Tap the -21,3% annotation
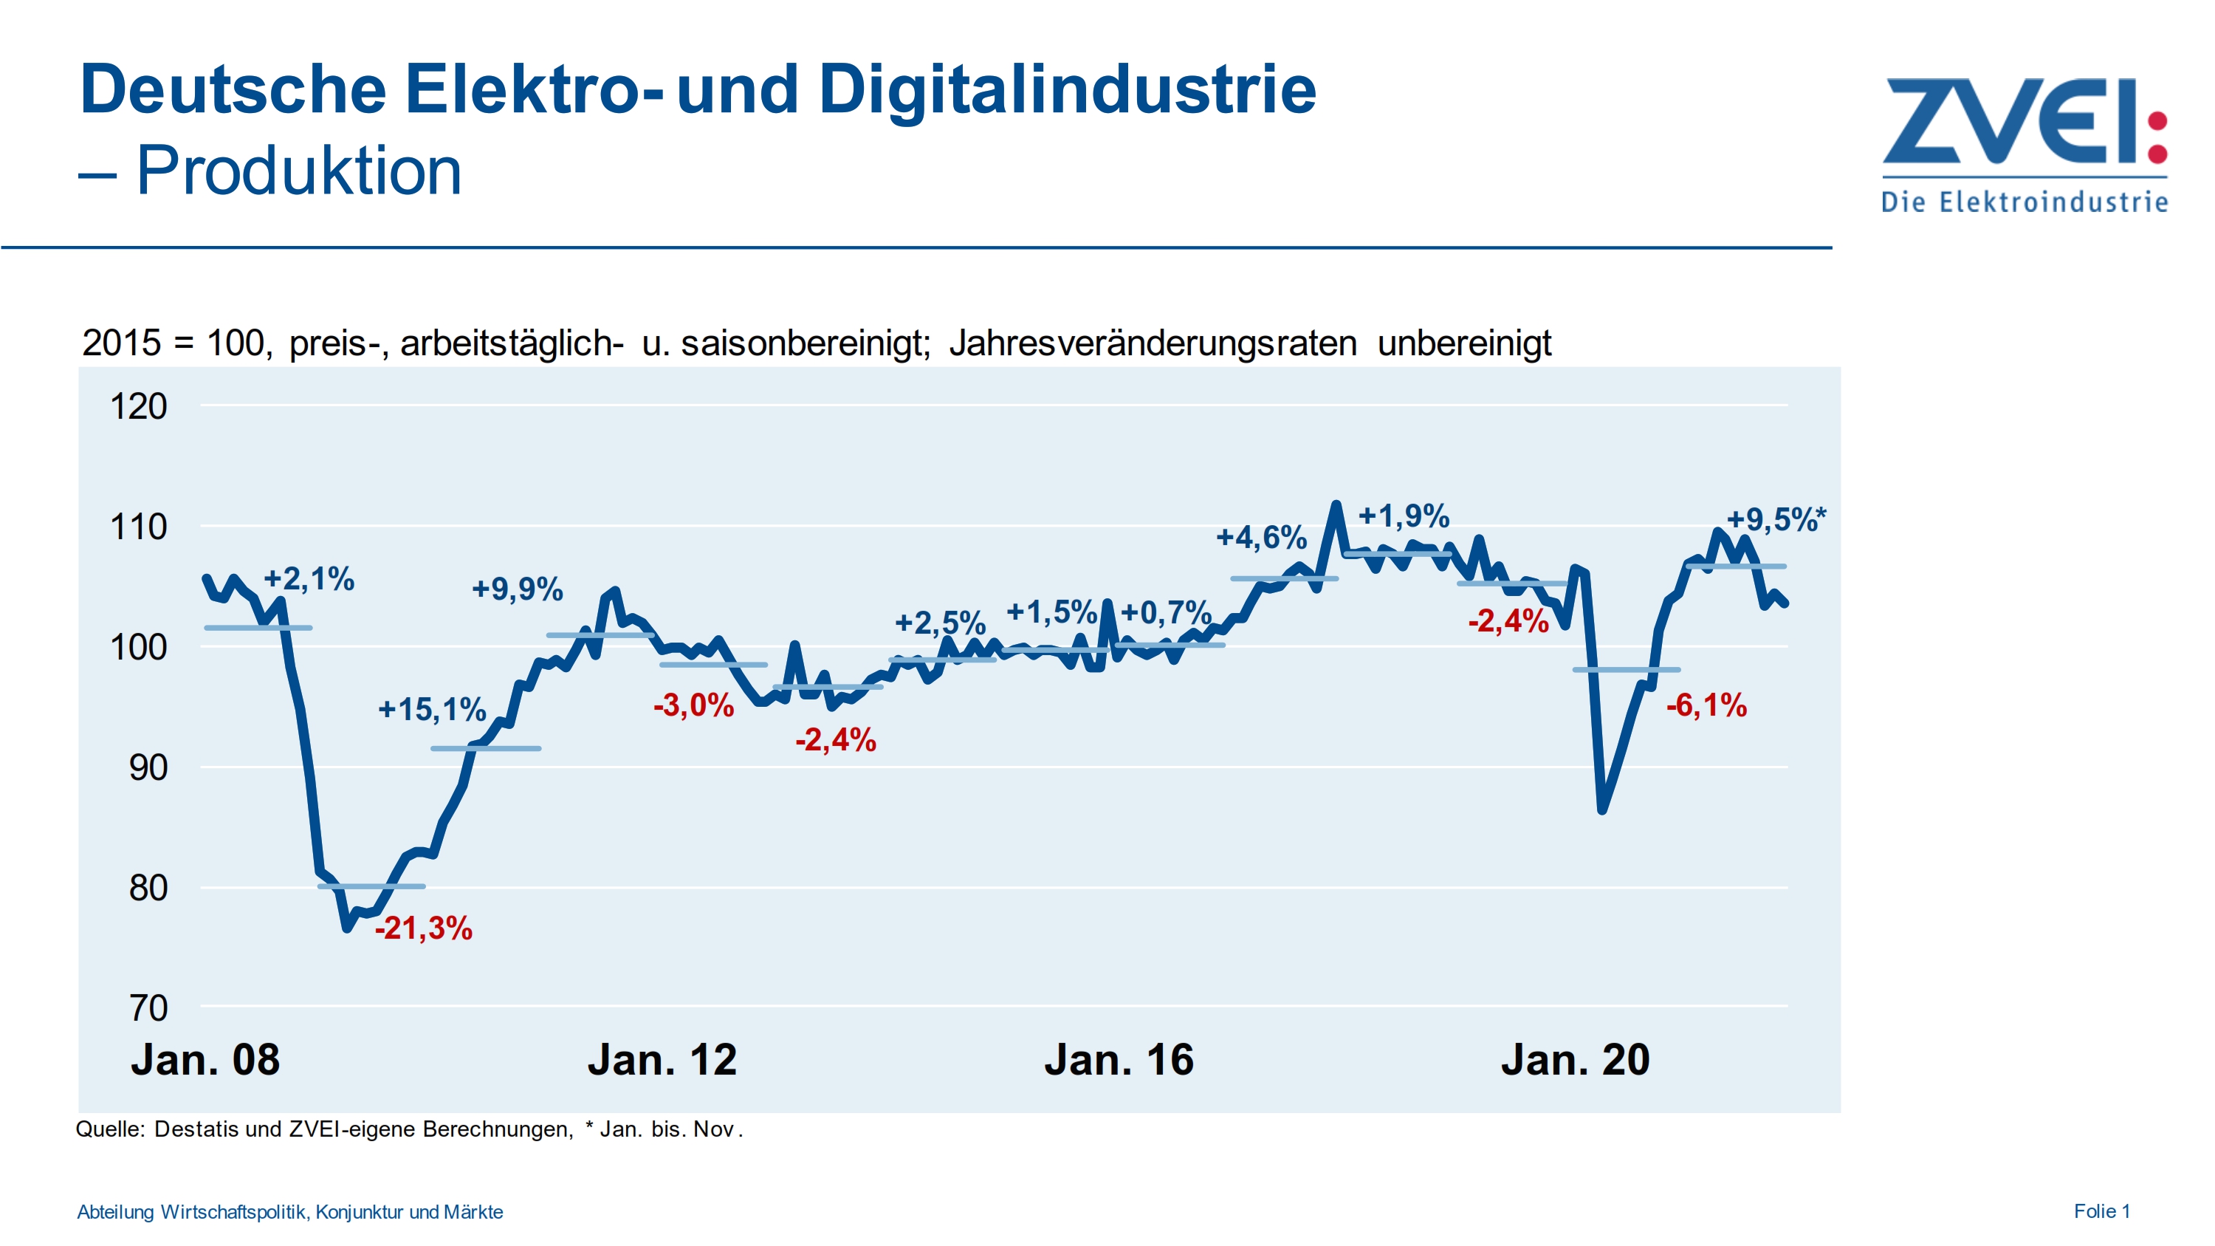pyautogui.click(x=423, y=928)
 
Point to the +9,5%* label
pyautogui.click(x=1775, y=518)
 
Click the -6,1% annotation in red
pyautogui.click(x=1706, y=705)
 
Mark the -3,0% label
pyautogui.click(x=693, y=705)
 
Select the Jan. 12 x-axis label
pyautogui.click(x=662, y=1058)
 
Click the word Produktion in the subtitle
pyautogui.click(x=298, y=171)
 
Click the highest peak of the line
pyautogui.click(x=1336, y=504)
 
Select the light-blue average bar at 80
pyautogui.click(x=371, y=886)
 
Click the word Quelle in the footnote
pyautogui.click(x=110, y=1129)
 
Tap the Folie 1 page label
pyautogui.click(x=2101, y=1211)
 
